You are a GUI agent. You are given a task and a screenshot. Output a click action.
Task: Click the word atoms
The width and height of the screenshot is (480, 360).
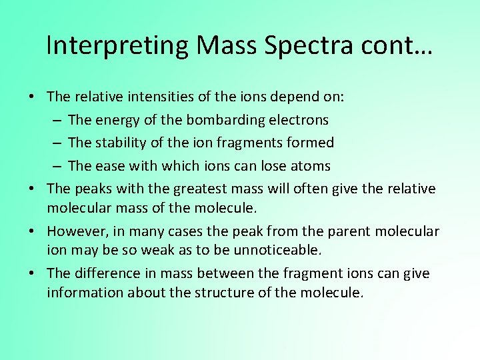[311, 166]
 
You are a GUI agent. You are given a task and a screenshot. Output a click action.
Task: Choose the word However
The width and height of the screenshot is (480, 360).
[75, 231]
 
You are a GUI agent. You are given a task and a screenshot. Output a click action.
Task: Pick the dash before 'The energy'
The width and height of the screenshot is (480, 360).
[56, 120]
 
